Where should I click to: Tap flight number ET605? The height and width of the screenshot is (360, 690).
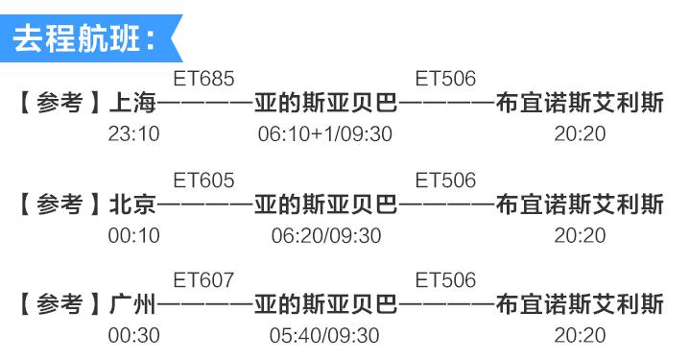click(x=202, y=180)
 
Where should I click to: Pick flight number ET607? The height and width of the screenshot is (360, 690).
click(x=202, y=281)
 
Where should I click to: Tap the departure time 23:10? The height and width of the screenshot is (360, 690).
click(x=133, y=132)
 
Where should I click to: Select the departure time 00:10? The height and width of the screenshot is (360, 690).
click(x=133, y=234)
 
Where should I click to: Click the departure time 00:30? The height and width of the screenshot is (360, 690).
click(x=133, y=335)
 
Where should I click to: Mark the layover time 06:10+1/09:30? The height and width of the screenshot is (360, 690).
click(x=325, y=132)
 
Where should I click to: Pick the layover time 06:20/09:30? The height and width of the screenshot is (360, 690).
click(x=325, y=234)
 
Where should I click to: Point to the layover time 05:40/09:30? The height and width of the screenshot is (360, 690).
click(x=325, y=335)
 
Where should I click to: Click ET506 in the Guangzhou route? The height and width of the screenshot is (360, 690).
click(x=444, y=281)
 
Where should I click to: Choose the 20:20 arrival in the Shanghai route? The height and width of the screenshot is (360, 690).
click(x=580, y=132)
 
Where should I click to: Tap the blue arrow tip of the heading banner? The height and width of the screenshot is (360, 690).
click(x=175, y=39)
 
